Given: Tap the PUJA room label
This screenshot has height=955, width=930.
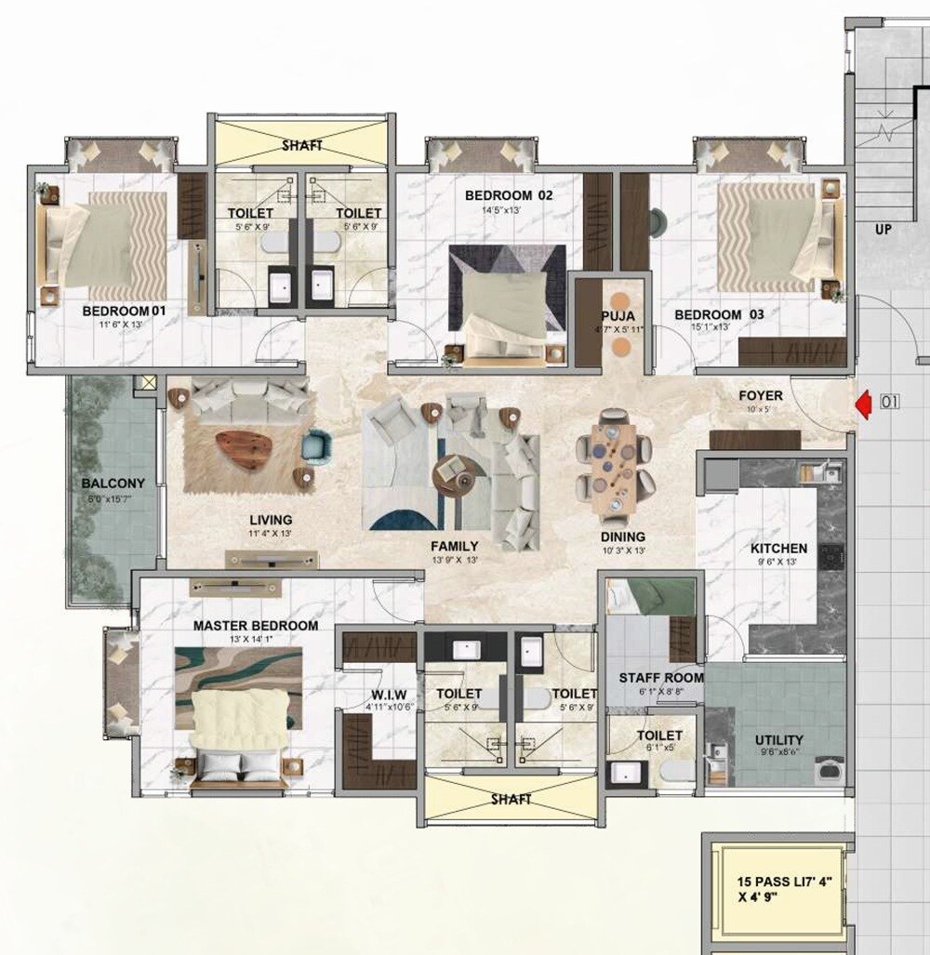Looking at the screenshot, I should pos(618,315).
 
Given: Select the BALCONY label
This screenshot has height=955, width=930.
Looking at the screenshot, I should pos(113,483).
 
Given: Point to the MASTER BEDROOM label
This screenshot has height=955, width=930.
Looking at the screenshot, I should pos(255,626).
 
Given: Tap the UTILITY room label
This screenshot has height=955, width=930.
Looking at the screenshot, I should pos(779,740).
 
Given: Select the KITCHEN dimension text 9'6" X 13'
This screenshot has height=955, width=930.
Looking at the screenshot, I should pos(778,563).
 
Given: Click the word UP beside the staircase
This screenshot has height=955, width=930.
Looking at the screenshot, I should pos(883,228).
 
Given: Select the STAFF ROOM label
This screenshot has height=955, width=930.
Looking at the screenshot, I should pos(660,678).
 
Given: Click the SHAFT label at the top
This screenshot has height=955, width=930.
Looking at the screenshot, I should pos(301,145).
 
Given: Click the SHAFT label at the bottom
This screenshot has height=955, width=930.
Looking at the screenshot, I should pos(511,799).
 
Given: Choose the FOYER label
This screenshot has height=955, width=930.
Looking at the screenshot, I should pos(760,395).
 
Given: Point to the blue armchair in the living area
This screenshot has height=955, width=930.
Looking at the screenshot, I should pos(317,445).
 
